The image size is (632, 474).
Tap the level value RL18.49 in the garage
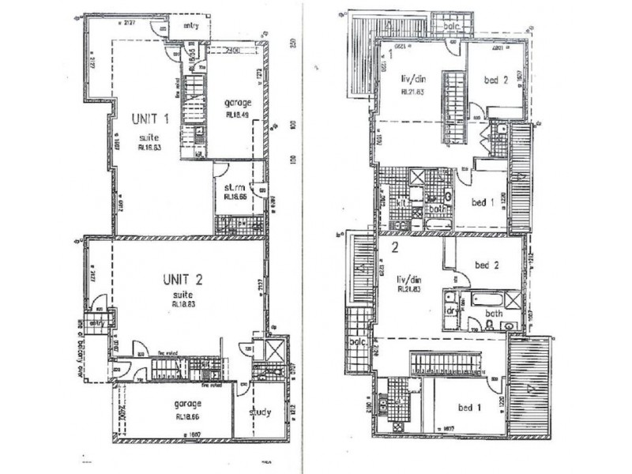click(237, 114)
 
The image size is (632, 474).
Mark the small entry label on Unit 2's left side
click(98, 322)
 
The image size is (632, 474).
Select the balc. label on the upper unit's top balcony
click(452, 25)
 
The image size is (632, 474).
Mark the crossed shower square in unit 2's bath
click(511, 299)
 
